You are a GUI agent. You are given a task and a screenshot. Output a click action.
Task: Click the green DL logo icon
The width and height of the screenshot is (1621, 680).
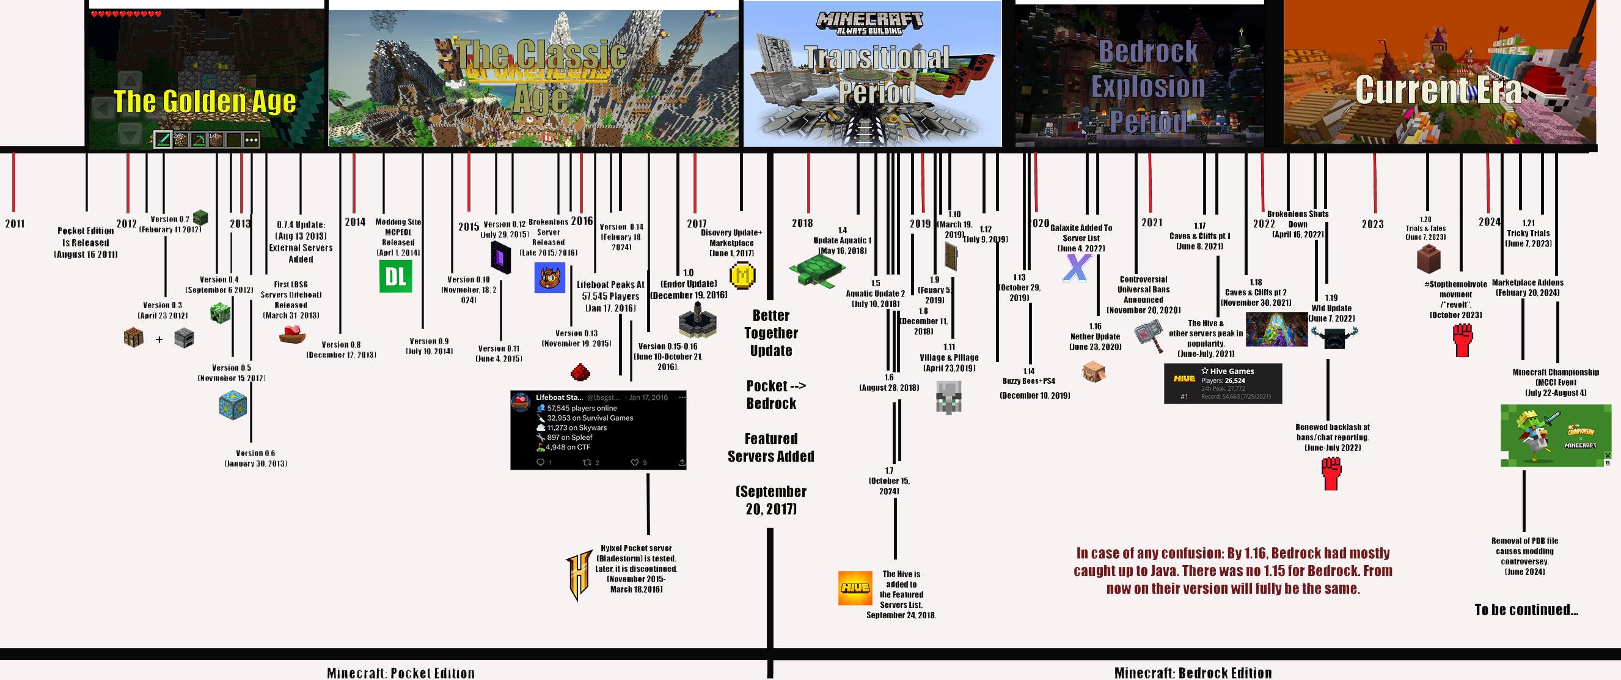(x=395, y=276)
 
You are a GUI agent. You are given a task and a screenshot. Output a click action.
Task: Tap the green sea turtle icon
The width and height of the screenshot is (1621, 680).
(x=816, y=270)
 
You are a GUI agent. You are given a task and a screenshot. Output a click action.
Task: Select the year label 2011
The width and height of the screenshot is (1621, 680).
(x=15, y=224)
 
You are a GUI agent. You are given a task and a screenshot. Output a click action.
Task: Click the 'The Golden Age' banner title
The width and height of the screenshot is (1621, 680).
(x=205, y=102)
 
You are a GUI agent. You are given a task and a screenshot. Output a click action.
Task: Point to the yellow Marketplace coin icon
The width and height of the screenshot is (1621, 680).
(x=742, y=275)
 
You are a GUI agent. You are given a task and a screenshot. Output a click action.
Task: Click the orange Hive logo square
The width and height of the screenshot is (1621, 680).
(x=855, y=588)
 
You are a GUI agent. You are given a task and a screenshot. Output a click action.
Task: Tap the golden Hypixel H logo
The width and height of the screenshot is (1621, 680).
(x=577, y=575)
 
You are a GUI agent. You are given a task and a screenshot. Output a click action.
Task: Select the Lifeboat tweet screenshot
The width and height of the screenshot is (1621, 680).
(x=598, y=430)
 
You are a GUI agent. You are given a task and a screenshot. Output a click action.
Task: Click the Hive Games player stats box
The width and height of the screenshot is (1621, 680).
(x=1222, y=383)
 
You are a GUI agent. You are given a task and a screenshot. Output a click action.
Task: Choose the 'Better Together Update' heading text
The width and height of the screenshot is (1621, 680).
(x=771, y=333)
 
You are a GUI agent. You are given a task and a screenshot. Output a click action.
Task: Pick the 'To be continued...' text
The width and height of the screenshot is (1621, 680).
(x=1526, y=610)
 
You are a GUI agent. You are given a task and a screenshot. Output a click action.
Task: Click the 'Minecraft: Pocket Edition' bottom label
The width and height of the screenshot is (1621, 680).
(x=401, y=673)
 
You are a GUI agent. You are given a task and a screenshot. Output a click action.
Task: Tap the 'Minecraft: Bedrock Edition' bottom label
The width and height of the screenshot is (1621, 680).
(x=1193, y=673)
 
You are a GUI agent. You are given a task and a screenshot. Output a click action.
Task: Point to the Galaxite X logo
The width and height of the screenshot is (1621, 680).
(x=1076, y=268)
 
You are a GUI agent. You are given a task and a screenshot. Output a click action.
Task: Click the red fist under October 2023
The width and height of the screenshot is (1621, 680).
(x=1463, y=341)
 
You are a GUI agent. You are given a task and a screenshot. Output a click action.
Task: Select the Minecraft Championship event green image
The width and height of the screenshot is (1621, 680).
(x=1556, y=435)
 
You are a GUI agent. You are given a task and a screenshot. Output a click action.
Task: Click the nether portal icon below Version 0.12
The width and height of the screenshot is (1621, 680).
(x=501, y=257)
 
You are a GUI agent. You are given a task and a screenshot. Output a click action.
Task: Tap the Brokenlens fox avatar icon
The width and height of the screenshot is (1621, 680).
(x=549, y=278)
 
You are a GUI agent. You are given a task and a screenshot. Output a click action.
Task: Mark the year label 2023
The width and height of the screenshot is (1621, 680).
(x=1372, y=224)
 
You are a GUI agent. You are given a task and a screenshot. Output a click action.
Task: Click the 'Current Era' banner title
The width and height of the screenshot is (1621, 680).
(x=1438, y=89)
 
